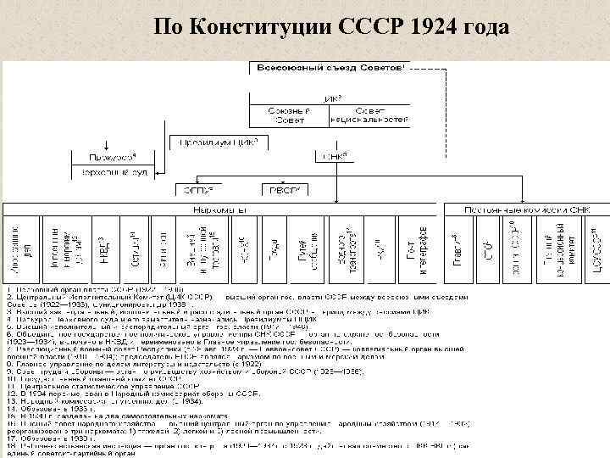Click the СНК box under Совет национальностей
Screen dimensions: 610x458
click(330, 156)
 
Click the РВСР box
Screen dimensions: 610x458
click(277, 187)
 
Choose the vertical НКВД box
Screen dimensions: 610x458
click(103, 246)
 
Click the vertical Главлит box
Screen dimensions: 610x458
click(458, 246)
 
